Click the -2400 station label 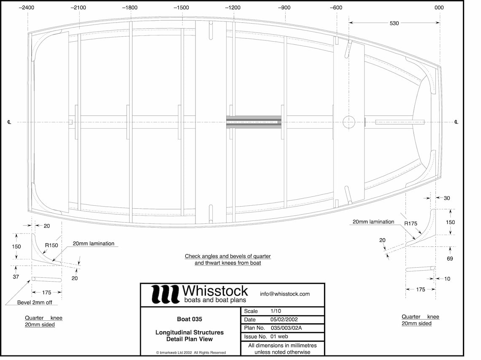[27, 8]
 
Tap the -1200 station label [233, 8]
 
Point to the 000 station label [439, 8]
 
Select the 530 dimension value [394, 24]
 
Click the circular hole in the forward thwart [349, 122]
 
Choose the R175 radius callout [411, 224]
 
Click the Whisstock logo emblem [165, 294]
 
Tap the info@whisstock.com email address [285, 294]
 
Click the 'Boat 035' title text [189, 319]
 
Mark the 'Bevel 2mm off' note [37, 302]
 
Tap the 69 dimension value [450, 259]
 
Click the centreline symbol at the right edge [457, 122]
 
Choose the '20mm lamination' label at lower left [93, 244]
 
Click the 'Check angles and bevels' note [228, 259]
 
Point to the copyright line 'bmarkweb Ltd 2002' [191, 352]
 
